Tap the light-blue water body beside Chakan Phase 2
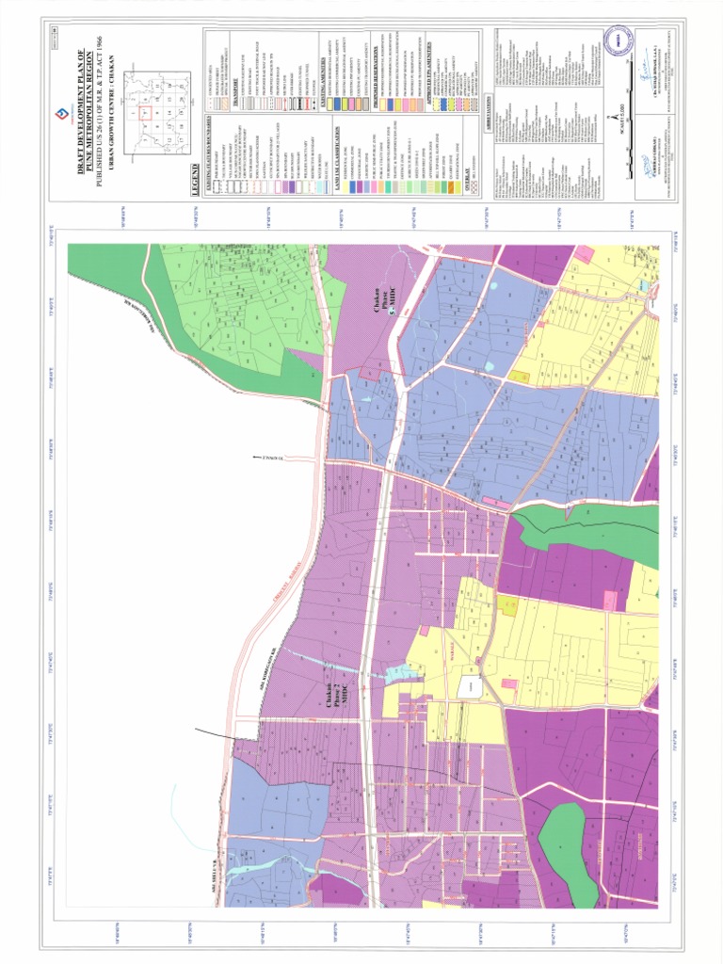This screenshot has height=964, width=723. tap(400, 671)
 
